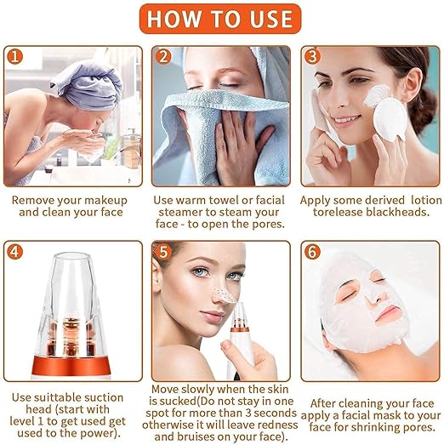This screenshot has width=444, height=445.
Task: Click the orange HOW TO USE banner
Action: tap(221, 19)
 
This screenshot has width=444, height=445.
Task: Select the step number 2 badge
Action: tap(163, 57)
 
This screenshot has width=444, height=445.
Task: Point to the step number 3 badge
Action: tap(312, 57)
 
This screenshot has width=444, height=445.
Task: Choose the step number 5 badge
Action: tap(163, 253)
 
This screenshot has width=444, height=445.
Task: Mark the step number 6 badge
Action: tap(312, 253)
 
